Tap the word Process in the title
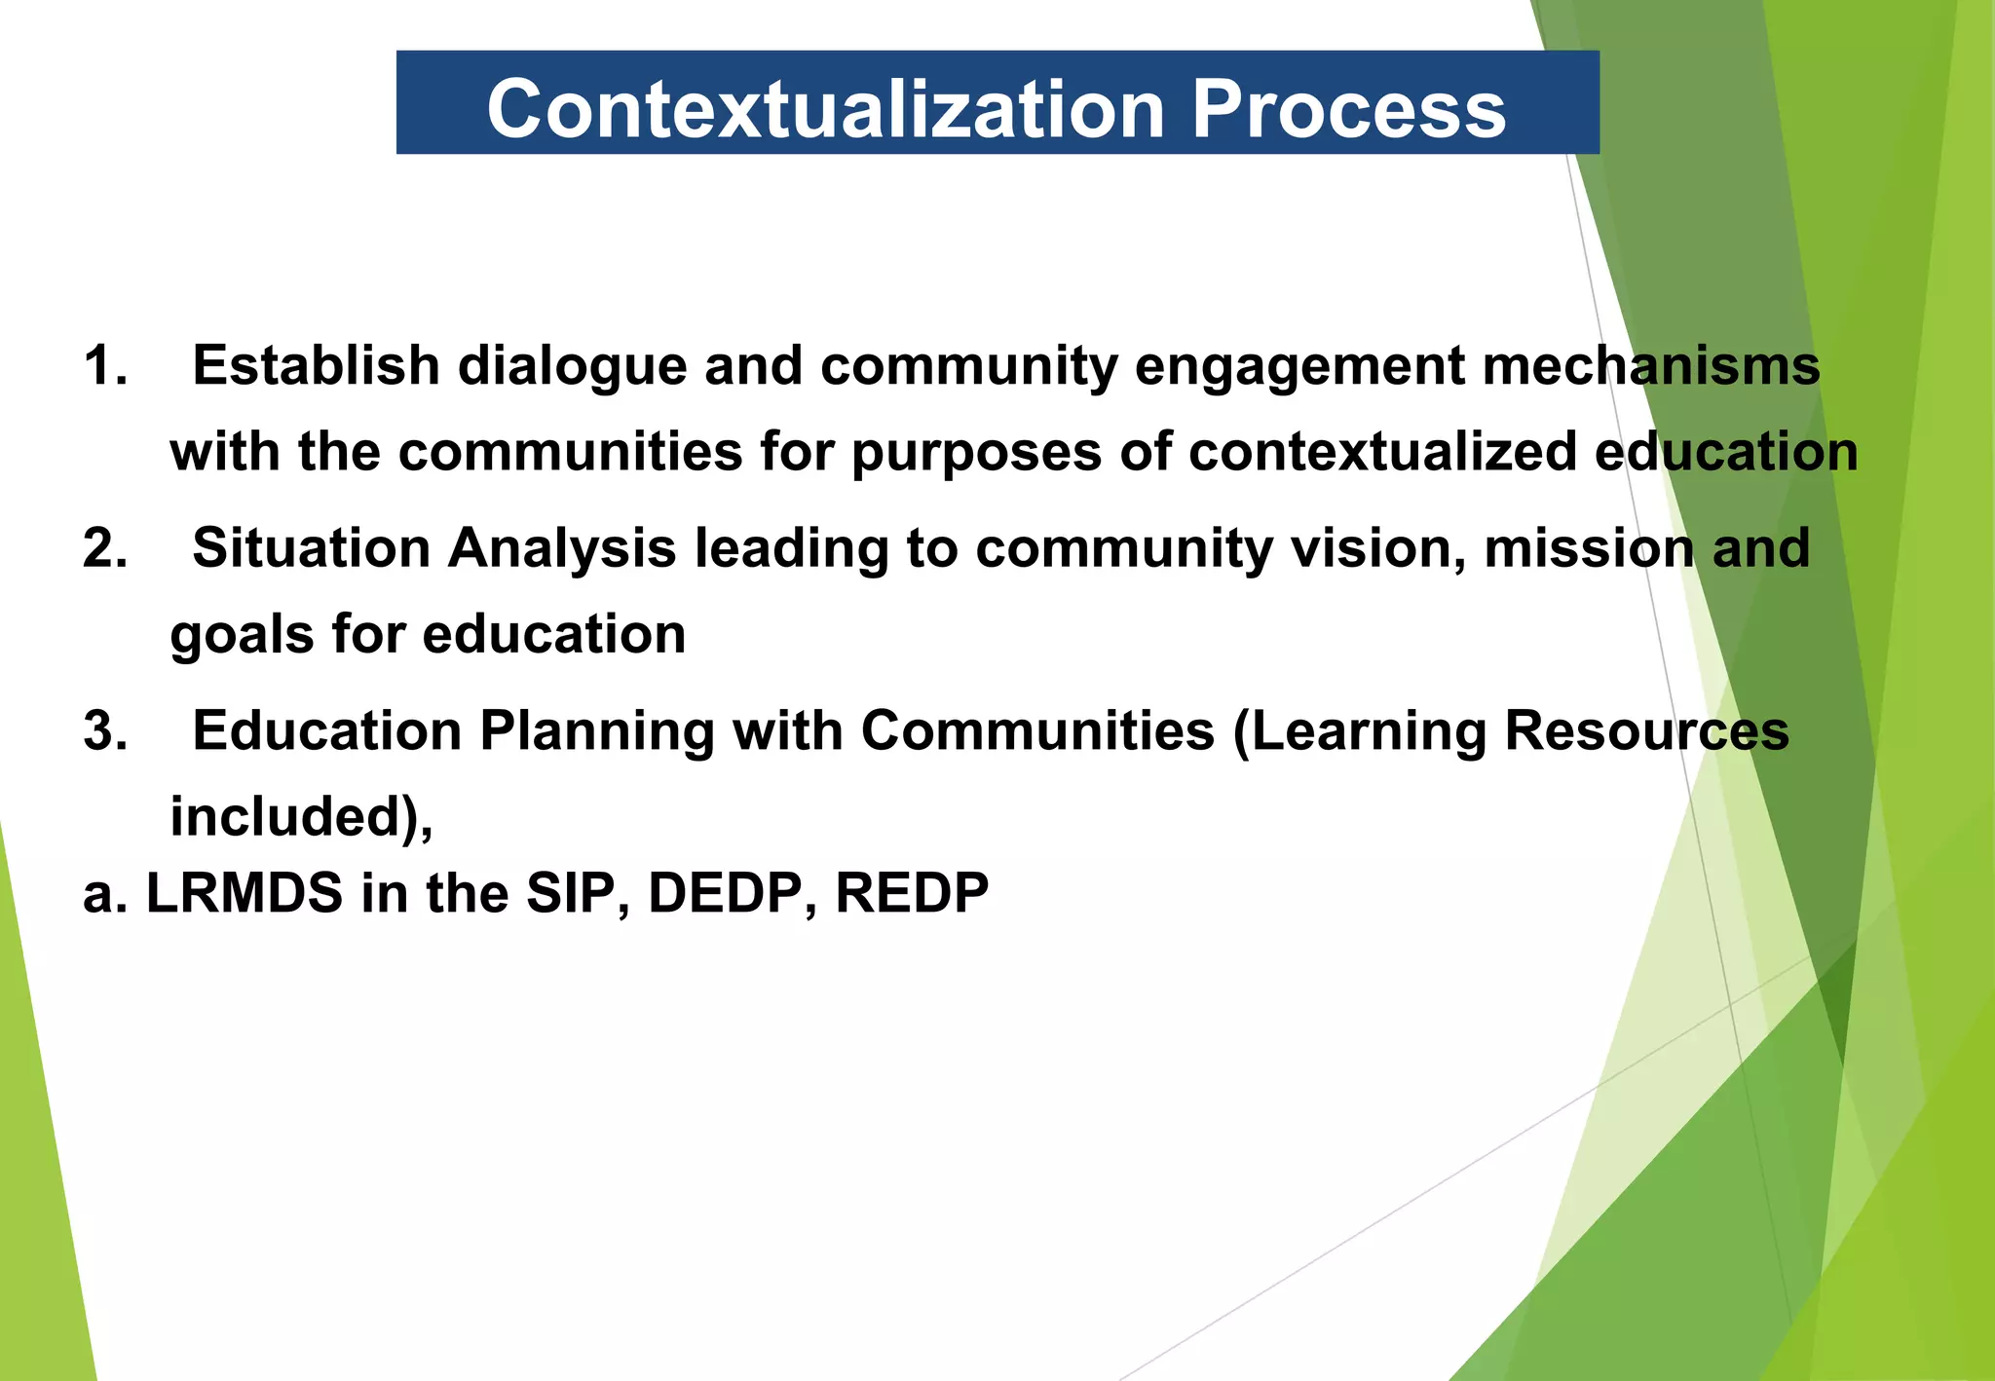[1348, 108]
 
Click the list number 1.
[104, 366]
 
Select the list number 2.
[104, 547]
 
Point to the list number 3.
[104, 730]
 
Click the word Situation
[311, 547]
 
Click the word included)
[300, 816]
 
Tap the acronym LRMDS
[245, 892]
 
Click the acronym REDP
[912, 892]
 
